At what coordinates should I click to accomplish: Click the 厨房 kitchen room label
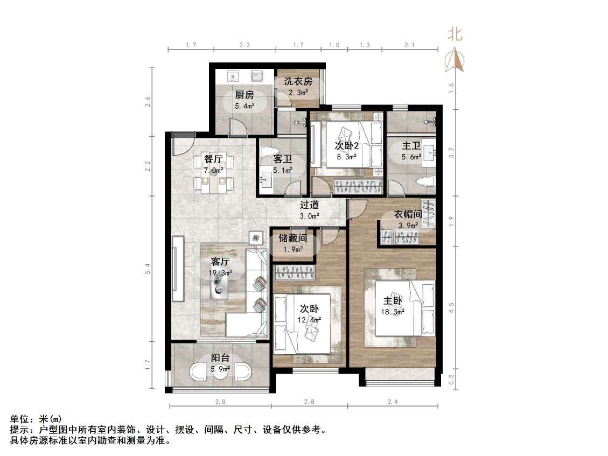click(244, 95)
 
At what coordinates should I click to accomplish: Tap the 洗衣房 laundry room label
click(298, 81)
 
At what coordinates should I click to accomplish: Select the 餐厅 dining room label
click(213, 159)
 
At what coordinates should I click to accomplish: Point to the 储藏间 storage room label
click(292, 238)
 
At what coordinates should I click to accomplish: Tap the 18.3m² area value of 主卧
click(394, 311)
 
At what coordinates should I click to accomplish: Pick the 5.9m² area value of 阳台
click(220, 369)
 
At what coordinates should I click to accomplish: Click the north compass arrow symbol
click(455, 59)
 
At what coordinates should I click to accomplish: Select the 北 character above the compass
click(455, 35)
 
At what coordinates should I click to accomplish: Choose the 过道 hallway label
click(309, 205)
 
